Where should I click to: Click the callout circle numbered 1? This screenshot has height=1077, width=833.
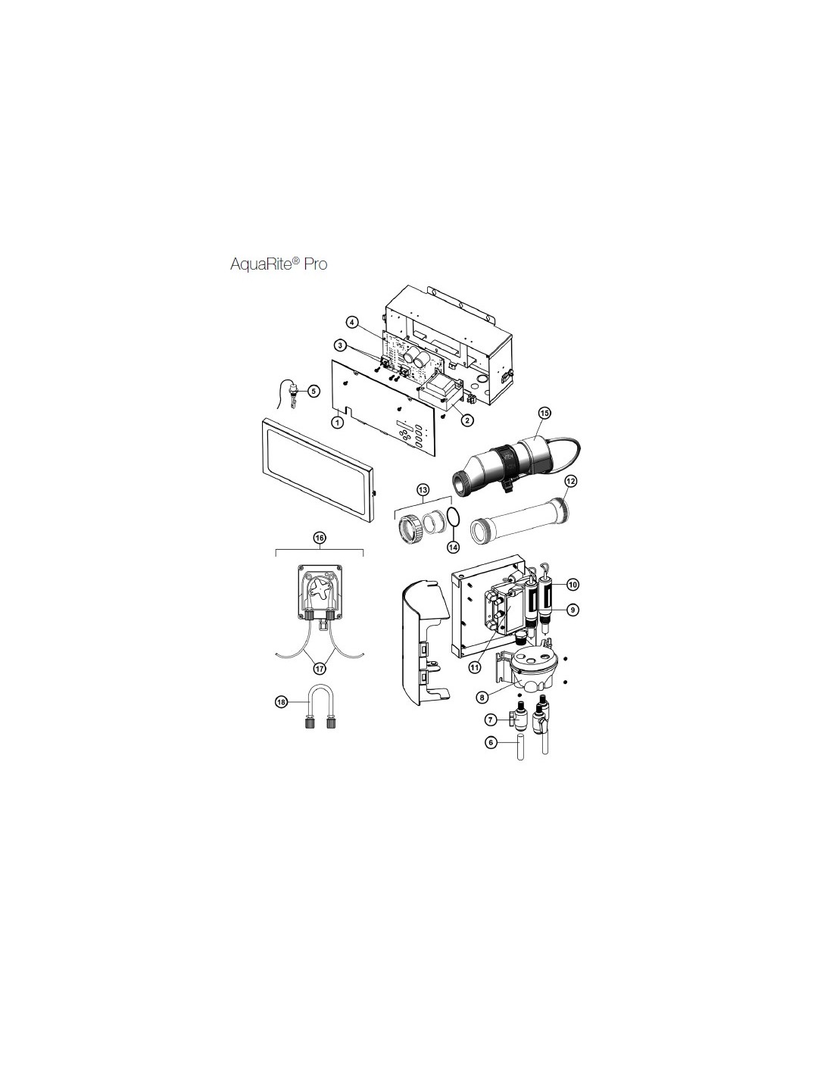click(337, 423)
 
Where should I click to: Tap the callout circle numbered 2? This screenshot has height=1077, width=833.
click(466, 420)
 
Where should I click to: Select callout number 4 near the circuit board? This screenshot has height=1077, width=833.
click(351, 323)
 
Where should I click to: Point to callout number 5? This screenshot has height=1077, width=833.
click(313, 391)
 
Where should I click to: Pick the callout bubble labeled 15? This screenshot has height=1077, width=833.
click(544, 412)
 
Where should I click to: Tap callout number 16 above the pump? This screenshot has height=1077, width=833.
click(320, 537)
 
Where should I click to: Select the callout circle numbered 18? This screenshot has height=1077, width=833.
click(281, 702)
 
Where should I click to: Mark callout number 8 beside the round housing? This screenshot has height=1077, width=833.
click(480, 696)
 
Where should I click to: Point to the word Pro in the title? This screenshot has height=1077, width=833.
click(316, 264)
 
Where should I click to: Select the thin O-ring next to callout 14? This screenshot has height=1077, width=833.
click(454, 520)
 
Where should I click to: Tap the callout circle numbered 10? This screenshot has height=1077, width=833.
click(572, 585)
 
